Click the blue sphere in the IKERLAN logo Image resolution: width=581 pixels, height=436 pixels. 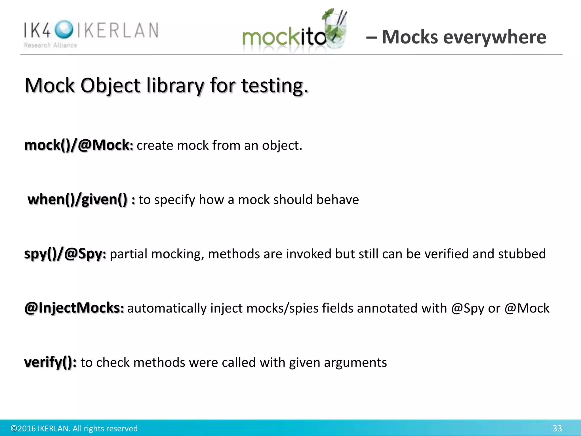[x=64, y=30]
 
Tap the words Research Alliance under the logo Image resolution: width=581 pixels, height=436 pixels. [x=50, y=45]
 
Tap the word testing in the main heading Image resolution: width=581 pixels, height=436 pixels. [x=275, y=85]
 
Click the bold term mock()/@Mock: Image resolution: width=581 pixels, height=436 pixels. [x=79, y=145]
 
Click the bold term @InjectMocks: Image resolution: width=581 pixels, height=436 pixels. [x=74, y=308]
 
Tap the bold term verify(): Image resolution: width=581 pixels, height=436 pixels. [x=50, y=362]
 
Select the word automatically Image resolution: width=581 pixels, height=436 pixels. [x=167, y=308]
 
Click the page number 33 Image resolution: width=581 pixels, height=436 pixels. [x=557, y=428]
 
